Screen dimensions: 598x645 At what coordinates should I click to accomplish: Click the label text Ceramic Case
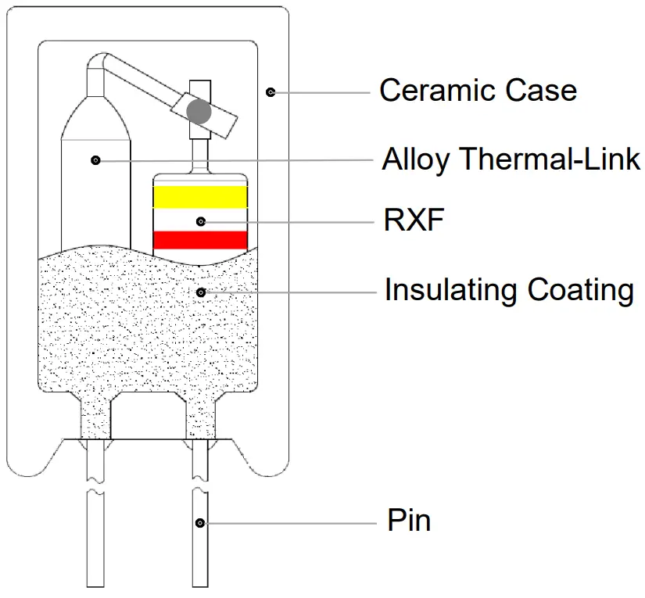[478, 91]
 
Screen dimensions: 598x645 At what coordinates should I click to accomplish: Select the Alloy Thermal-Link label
[511, 159]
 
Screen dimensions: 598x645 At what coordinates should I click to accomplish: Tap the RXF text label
[414, 221]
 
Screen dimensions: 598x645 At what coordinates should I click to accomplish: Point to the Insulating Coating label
[508, 291]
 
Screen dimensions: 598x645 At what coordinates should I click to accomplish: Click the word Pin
[409, 521]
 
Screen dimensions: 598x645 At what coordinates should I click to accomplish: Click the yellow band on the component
[200, 197]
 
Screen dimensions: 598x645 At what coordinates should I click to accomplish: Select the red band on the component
[200, 240]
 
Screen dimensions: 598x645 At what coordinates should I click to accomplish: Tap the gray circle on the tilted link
[199, 111]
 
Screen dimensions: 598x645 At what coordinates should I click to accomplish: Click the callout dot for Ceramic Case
[271, 91]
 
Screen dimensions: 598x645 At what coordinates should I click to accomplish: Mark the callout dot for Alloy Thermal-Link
[95, 160]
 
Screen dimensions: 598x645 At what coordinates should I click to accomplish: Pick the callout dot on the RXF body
[201, 221]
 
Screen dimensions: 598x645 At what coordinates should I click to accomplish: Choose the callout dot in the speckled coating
[201, 292]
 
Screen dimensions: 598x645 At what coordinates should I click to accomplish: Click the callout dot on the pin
[201, 522]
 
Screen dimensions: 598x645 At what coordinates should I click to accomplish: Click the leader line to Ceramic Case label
[321, 91]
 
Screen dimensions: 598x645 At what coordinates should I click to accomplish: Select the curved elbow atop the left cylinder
[97, 63]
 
